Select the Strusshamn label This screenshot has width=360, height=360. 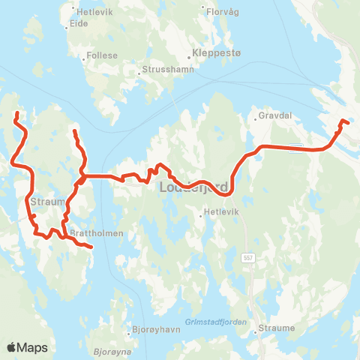pyautogui.click(x=164, y=72)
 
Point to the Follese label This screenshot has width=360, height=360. pyautogui.click(x=102, y=55)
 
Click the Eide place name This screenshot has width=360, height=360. pyautogui.click(x=79, y=24)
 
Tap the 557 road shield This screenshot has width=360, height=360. pyautogui.click(x=247, y=257)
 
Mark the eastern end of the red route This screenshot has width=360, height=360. pyautogui.click(x=343, y=121)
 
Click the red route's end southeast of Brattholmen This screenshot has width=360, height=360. pyautogui.click(x=91, y=246)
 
